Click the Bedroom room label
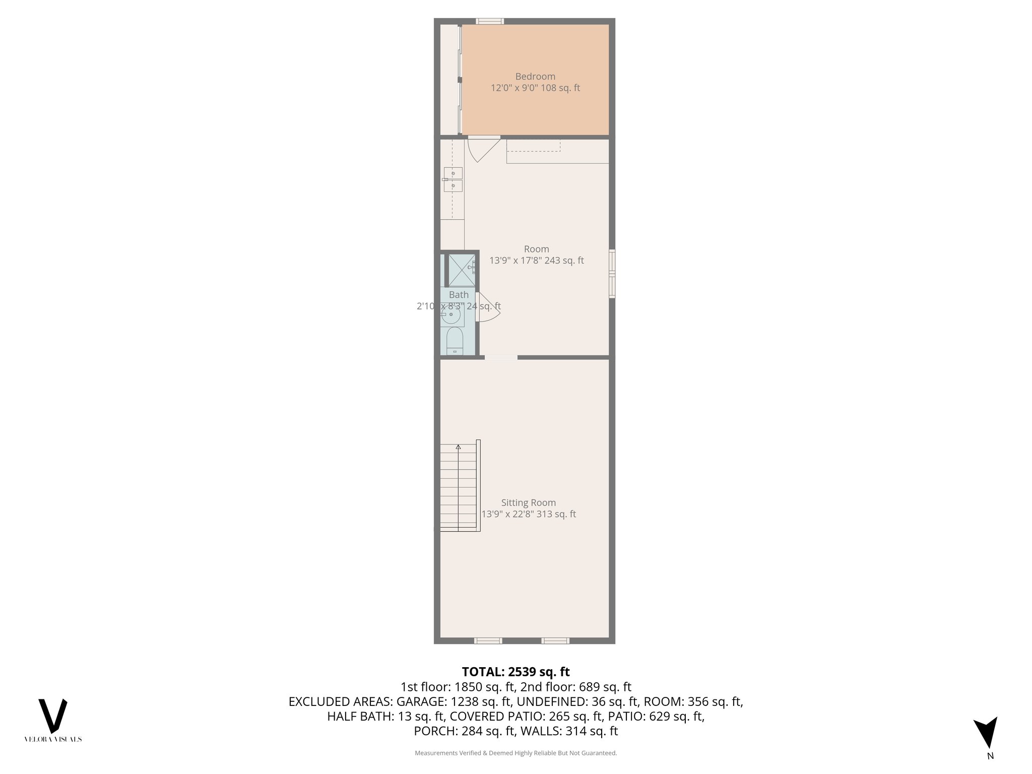(535, 77)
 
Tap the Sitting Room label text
(529, 502)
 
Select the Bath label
(459, 295)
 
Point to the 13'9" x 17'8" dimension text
(536, 261)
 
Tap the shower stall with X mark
(462, 271)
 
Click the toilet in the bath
(455, 341)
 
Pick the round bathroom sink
(451, 316)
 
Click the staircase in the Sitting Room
(459, 486)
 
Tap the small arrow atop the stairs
(458, 447)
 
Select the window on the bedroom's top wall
(490, 21)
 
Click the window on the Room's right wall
(612, 274)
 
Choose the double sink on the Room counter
(453, 179)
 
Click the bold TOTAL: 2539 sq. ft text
(515, 672)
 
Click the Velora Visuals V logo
(53, 716)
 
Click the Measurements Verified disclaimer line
(515, 753)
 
